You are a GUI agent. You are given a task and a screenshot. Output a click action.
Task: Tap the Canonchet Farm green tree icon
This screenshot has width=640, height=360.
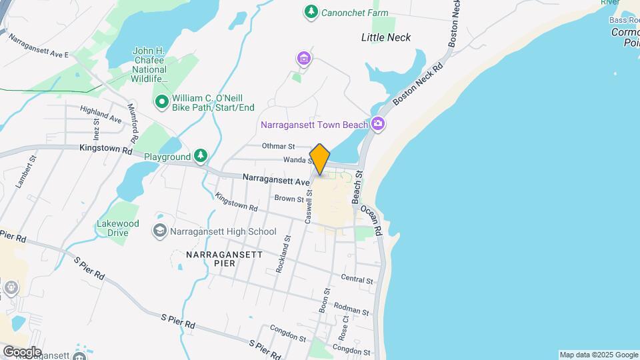[x=310, y=11]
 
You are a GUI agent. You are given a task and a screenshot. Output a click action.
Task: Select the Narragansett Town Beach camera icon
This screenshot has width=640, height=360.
[x=378, y=123]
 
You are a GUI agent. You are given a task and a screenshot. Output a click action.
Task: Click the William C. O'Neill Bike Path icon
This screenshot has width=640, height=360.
[x=161, y=102]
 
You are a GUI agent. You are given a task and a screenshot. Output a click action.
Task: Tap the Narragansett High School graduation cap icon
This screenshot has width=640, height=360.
[x=160, y=231]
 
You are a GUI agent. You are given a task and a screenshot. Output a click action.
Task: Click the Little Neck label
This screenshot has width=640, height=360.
[x=386, y=37]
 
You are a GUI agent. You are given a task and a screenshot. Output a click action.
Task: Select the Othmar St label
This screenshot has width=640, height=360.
[x=279, y=146]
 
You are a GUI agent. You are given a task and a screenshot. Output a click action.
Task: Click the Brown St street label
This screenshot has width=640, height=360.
[x=289, y=198]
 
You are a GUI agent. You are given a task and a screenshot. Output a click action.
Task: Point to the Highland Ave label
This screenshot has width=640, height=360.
[x=101, y=114]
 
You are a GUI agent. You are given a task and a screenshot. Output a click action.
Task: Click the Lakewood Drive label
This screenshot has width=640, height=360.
[x=117, y=228]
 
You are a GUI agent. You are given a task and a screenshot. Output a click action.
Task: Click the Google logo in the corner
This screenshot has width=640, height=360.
[x=22, y=351]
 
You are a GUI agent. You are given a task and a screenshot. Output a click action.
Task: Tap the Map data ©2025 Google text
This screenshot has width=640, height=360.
[x=598, y=355]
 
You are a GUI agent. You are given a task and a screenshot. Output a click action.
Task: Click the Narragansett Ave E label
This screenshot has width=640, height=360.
[x=39, y=45]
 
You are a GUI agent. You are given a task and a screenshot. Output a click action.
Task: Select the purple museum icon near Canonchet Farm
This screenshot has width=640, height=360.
[x=304, y=59]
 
